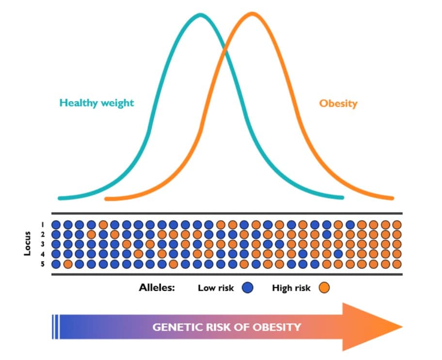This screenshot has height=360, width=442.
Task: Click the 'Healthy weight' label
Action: (x=96, y=103)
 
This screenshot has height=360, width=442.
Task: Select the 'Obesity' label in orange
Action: (x=338, y=103)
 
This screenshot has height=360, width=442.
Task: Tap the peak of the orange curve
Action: (x=252, y=14)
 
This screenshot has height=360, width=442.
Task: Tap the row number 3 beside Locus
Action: (x=43, y=244)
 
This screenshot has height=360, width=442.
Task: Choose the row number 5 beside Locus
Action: (x=43, y=264)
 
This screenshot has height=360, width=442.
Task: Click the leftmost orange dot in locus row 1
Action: (x=103, y=225)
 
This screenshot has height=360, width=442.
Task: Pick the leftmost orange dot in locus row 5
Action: (x=68, y=264)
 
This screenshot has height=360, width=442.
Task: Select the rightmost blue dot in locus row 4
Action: (x=338, y=254)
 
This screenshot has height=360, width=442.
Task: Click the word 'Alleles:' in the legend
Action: (x=157, y=287)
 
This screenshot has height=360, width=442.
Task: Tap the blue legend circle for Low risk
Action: (x=248, y=288)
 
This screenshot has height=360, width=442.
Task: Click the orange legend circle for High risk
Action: (x=324, y=288)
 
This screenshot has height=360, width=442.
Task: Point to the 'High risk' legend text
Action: (x=291, y=288)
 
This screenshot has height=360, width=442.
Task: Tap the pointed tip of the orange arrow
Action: (x=402, y=327)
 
